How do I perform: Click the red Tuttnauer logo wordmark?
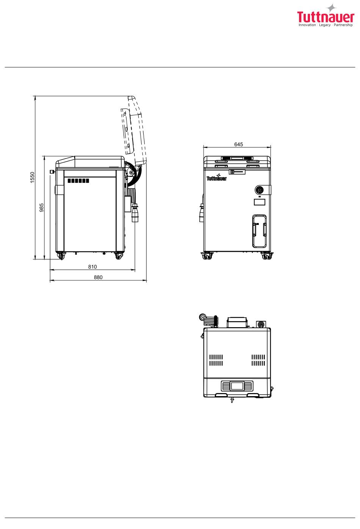326,17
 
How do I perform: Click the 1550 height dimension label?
32,177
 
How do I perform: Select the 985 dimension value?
42,208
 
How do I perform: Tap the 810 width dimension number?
92,267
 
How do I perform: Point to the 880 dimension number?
98,277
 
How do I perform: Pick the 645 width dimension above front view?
238,144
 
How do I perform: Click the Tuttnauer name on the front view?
216,178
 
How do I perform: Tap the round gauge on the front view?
260,190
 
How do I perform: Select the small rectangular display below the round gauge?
259,202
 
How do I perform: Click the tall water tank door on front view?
259,231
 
